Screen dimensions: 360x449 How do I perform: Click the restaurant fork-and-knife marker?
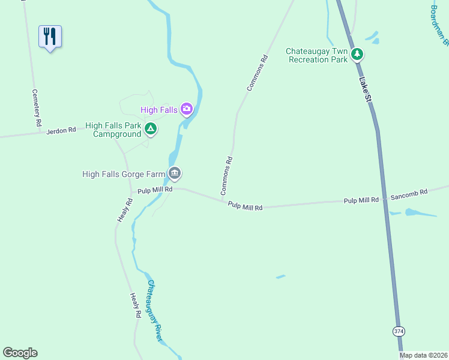(50, 37)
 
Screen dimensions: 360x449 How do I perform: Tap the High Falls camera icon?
(187, 109)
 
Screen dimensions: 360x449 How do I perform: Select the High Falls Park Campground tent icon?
(151, 128)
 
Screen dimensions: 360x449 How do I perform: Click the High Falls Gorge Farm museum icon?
(175, 174)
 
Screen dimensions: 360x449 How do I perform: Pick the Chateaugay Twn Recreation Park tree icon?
(357, 55)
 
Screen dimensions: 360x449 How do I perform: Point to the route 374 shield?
(399, 331)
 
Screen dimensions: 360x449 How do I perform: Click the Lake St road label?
(364, 89)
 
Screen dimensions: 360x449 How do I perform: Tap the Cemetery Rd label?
(37, 108)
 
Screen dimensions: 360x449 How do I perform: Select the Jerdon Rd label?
(62, 130)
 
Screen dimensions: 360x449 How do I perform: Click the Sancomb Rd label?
(409, 193)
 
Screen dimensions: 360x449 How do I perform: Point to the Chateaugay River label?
(155, 311)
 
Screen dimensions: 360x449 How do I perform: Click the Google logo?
(20, 353)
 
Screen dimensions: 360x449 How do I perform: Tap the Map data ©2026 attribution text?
(423, 355)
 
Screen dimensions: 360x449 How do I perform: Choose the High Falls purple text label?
(159, 110)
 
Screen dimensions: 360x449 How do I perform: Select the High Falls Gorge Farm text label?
(123, 175)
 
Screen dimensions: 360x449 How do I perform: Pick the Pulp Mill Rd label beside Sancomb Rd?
(361, 200)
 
